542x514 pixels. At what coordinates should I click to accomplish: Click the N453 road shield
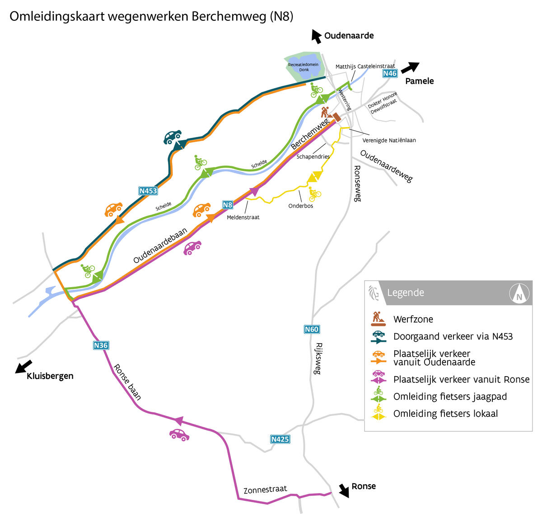[148, 191]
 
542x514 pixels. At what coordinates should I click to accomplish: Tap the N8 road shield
[228, 205]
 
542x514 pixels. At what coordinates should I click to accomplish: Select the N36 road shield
[101, 345]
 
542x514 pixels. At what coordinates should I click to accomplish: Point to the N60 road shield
[312, 329]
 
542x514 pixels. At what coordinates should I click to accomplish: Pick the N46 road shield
[389, 73]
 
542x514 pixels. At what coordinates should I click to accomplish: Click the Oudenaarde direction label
[349, 36]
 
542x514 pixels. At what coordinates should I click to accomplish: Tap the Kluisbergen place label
[50, 376]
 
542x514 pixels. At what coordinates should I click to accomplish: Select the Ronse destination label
[363, 486]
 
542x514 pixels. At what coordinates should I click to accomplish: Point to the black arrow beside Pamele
[410, 67]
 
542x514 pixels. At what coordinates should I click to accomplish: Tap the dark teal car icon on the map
[172, 137]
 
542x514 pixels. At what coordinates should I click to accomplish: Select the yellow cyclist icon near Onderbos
[314, 194]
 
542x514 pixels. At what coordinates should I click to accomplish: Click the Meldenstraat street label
[243, 217]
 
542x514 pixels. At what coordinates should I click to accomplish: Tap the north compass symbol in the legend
[519, 293]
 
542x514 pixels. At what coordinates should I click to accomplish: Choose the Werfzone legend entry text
[413, 320]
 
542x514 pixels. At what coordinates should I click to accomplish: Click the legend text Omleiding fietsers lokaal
[445, 414]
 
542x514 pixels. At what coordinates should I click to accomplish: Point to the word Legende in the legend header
[405, 292]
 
